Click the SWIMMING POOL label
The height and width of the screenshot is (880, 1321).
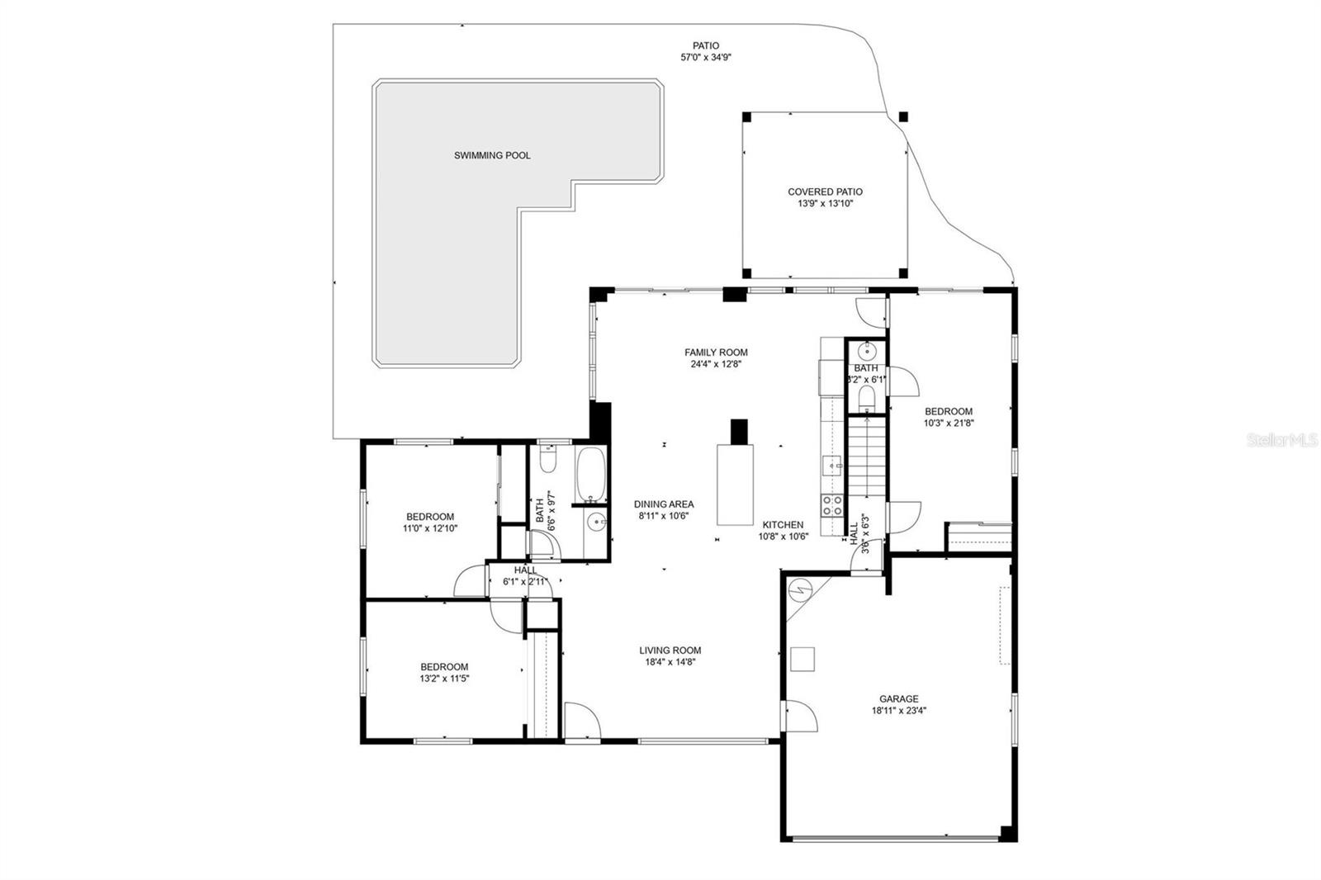pos(492,155)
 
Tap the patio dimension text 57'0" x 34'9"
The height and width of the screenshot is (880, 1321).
pos(705,58)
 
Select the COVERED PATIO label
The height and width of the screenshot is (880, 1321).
pos(825,192)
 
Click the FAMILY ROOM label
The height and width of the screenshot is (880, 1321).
pos(716,352)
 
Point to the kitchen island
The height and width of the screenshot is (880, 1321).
pos(735,484)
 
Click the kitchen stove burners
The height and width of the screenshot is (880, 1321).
pos(831,505)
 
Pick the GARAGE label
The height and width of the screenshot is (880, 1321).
pos(898,698)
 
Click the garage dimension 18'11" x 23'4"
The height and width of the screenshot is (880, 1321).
pos(898,710)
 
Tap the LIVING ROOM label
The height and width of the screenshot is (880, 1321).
pos(670,650)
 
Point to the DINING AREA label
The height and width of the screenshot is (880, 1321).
pos(664,504)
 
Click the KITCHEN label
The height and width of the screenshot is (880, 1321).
pos(783,524)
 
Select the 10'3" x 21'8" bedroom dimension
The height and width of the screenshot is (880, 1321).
pos(949,423)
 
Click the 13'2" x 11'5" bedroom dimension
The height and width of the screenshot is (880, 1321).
pos(444,679)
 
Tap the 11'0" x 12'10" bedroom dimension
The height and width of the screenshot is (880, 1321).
pos(430,528)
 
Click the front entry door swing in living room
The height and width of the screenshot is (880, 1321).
pos(581,721)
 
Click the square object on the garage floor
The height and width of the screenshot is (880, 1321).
pos(803,659)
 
